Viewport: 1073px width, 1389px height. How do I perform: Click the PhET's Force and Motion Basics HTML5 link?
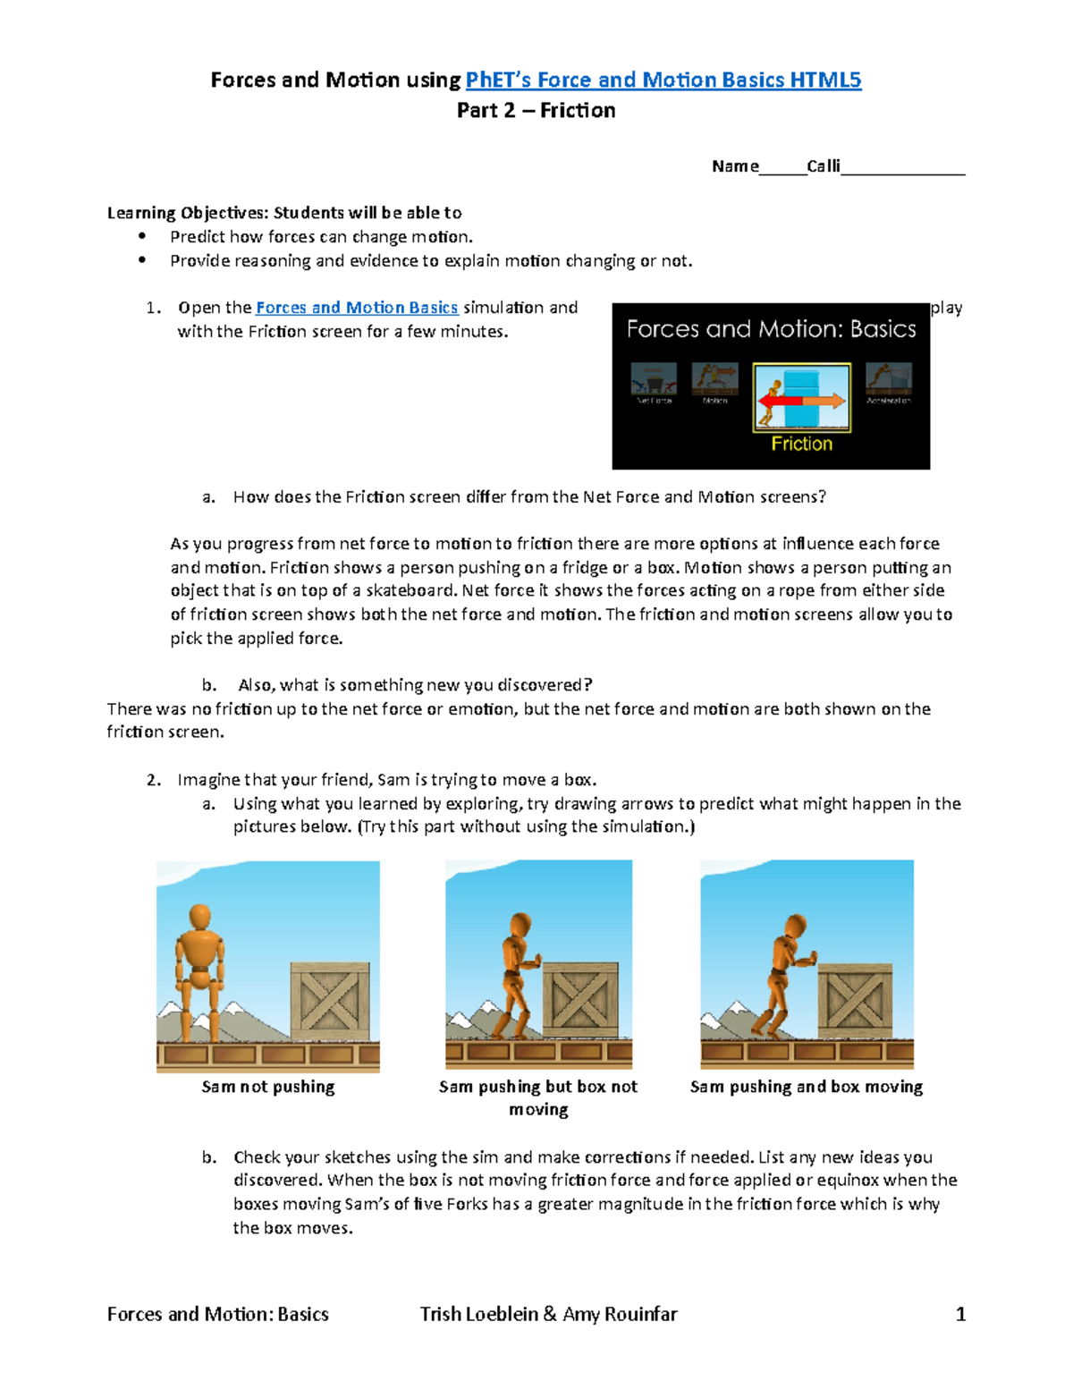pyautogui.click(x=663, y=80)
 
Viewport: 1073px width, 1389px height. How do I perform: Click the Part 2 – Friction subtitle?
pyautogui.click(x=536, y=111)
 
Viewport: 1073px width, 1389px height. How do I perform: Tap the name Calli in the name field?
pyautogui.click(x=823, y=166)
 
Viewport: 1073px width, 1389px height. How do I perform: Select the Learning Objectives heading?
pyautogui.click(x=284, y=213)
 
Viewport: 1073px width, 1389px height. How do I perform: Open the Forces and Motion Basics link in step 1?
pyautogui.click(x=357, y=308)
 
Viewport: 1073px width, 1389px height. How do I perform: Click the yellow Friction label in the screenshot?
pyautogui.click(x=801, y=444)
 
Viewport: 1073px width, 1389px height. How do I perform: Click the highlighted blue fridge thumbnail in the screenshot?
pyautogui.click(x=801, y=398)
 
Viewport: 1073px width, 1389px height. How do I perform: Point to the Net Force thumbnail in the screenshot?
pyautogui.click(x=654, y=379)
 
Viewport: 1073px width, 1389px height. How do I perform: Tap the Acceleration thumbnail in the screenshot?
pyautogui.click(x=888, y=379)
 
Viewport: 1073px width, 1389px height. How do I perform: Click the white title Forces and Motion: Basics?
pyautogui.click(x=771, y=329)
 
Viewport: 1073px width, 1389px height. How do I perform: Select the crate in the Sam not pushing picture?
pyautogui.click(x=330, y=1001)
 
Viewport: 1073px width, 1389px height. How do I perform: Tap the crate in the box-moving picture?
pyautogui.click(x=855, y=1001)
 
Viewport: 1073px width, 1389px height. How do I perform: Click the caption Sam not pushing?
pyautogui.click(x=268, y=1087)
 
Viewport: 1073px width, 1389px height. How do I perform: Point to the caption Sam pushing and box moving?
pyautogui.click(x=806, y=1087)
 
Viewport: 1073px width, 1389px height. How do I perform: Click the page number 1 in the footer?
pyautogui.click(x=960, y=1314)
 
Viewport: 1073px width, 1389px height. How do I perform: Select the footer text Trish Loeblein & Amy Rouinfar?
pyautogui.click(x=548, y=1314)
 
